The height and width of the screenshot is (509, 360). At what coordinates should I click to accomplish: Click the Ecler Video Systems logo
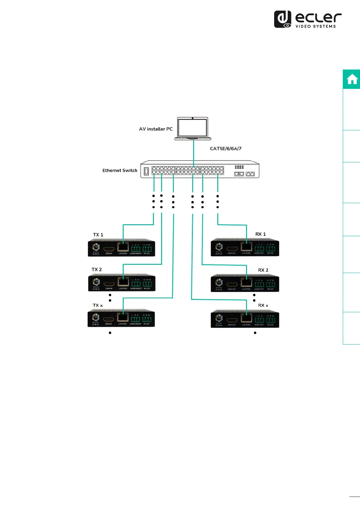tap(308, 19)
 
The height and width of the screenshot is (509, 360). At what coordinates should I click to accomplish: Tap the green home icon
tap(352, 79)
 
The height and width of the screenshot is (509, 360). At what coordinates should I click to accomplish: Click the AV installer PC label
tap(156, 129)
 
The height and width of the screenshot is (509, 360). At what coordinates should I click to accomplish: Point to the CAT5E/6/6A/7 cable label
tap(225, 149)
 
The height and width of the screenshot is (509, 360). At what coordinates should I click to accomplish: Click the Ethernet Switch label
tap(120, 170)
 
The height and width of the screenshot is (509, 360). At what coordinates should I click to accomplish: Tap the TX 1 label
tap(98, 235)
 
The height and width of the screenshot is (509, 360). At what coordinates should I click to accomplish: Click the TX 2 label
tap(96, 270)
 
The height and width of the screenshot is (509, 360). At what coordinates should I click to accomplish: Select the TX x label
tap(97, 306)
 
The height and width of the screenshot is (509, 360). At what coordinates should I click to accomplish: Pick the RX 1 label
tap(260, 234)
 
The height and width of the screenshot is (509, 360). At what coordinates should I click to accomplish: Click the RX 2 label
tap(263, 270)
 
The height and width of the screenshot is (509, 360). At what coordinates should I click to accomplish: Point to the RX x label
tap(263, 306)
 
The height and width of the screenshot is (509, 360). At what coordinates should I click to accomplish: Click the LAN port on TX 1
tap(123, 248)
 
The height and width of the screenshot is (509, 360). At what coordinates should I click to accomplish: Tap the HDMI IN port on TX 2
tap(109, 284)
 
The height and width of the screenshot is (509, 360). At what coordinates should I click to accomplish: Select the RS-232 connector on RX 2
tap(271, 284)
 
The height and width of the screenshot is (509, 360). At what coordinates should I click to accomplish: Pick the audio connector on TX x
tap(135, 319)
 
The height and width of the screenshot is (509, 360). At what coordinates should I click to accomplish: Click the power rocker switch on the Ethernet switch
tap(146, 171)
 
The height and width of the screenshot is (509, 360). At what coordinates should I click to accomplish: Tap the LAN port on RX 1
tap(246, 247)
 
